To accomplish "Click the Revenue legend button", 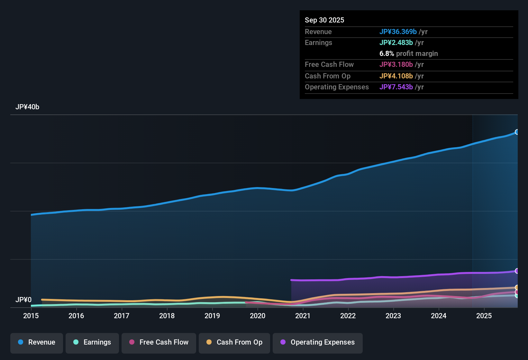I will click(37, 342).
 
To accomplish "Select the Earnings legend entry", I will click(92, 342).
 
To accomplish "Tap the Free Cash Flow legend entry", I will click(159, 342).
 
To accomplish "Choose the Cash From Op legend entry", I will click(234, 342).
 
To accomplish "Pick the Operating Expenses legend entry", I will click(318, 342).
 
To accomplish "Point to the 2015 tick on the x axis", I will click(31, 316).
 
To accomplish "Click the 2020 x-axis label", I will click(258, 316).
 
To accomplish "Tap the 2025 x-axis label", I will click(484, 316).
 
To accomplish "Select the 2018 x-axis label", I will click(167, 316).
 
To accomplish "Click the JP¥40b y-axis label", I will click(27, 107).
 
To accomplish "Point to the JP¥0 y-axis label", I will click(23, 300).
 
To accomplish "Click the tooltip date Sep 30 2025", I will click(324, 20).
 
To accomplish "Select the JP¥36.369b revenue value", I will click(398, 32).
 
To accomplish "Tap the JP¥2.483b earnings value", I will click(396, 42).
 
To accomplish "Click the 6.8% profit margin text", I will click(408, 53).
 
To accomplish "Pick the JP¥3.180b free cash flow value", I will click(396, 64).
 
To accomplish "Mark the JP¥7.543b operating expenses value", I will click(396, 87).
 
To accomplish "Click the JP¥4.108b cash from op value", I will click(396, 76).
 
